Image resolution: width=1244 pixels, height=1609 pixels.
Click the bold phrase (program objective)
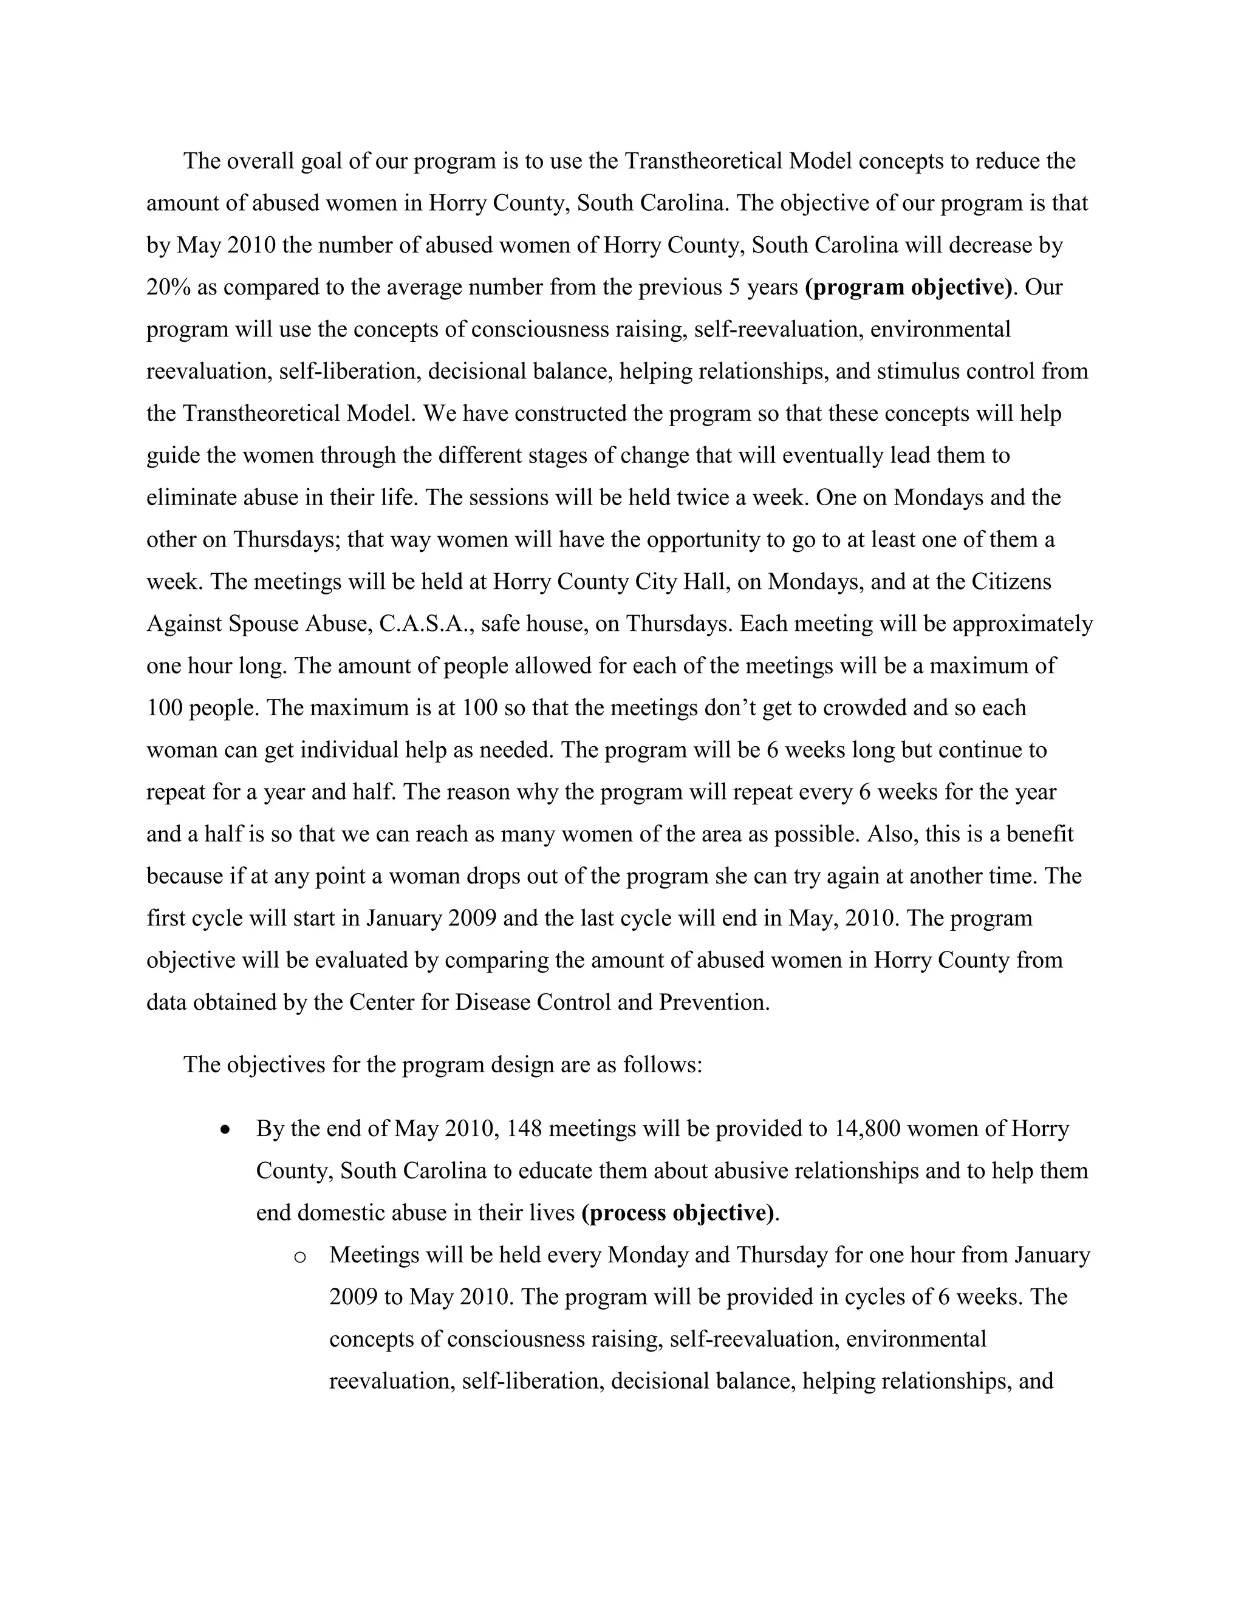[x=909, y=287]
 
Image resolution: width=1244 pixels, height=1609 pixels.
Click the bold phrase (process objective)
[x=678, y=1213]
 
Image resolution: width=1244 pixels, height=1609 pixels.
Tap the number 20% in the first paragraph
[x=169, y=287]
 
